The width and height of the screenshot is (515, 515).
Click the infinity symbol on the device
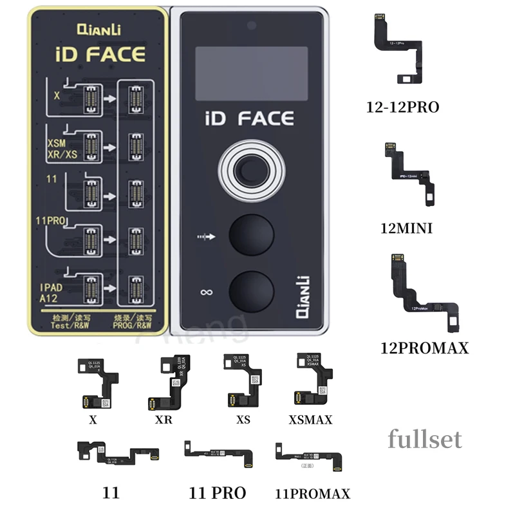[x=206, y=293]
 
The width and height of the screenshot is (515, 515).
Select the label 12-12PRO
[x=402, y=108]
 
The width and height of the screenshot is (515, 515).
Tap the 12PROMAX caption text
[x=425, y=348]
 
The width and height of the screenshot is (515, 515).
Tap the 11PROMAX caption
[x=312, y=494]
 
